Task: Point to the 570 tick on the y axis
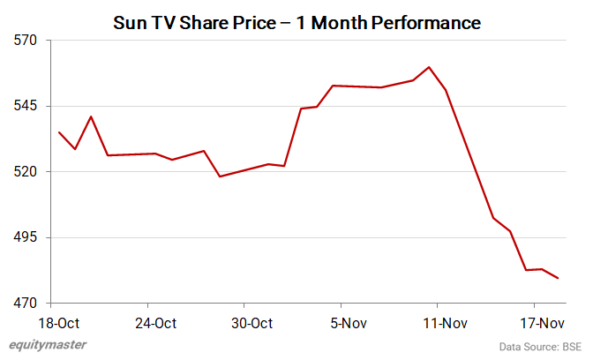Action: pyautogui.click(x=26, y=41)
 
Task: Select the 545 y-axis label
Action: pyautogui.click(x=26, y=106)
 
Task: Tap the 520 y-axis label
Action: pyautogui.click(x=26, y=171)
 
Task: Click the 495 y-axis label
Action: pyautogui.click(x=26, y=237)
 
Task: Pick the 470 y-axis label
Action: pyautogui.click(x=26, y=303)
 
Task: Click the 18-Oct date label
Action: pyautogui.click(x=58, y=323)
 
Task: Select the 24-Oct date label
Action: pyautogui.click(x=155, y=323)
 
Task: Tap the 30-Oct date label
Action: pyautogui.click(x=252, y=323)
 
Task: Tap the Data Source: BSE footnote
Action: pyautogui.click(x=540, y=346)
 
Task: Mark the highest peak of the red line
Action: pyautogui.click(x=429, y=67)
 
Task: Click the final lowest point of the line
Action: pyautogui.click(x=559, y=279)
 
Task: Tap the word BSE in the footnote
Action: pyautogui.click(x=572, y=346)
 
